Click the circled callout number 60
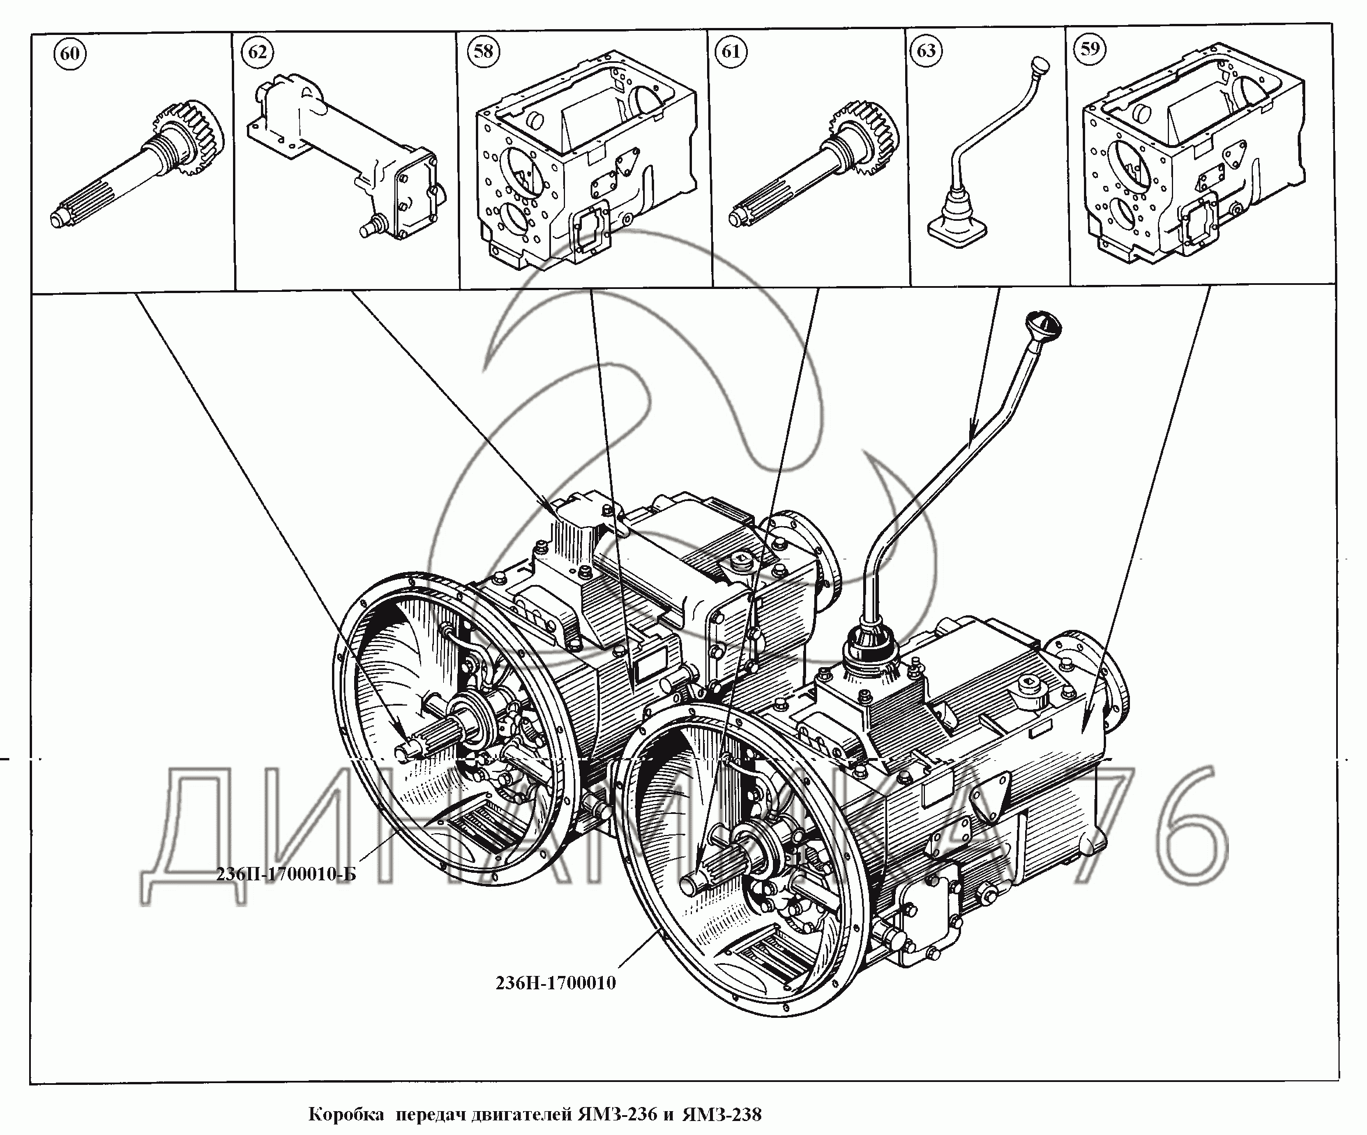(x=70, y=53)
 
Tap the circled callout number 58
(x=483, y=51)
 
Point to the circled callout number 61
(x=731, y=51)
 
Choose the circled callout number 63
(x=926, y=51)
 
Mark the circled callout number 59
(x=1090, y=49)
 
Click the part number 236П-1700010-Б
(x=287, y=874)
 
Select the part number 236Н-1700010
(x=555, y=982)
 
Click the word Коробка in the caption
(x=345, y=1114)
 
